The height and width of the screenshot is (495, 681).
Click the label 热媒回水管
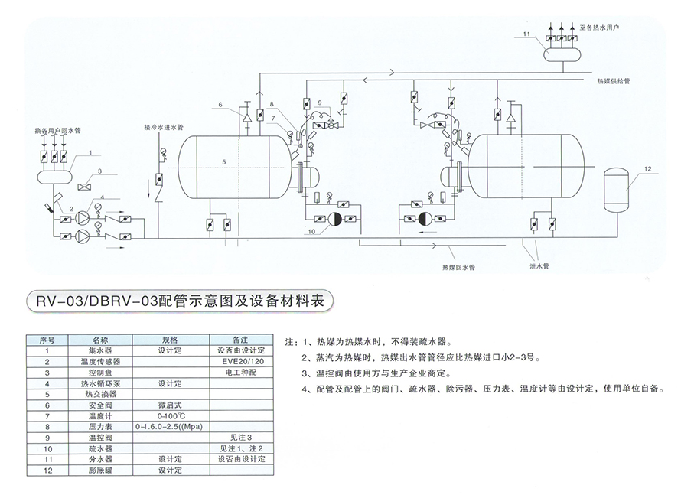458,268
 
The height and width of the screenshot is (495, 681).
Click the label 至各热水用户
600,27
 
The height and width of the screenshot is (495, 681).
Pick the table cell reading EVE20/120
240,361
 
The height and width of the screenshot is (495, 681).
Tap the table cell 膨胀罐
101,470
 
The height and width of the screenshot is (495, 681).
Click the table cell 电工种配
240,372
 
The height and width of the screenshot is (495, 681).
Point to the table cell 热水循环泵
101,383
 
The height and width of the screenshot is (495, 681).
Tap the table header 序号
47,338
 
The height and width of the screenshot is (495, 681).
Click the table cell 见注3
240,437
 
